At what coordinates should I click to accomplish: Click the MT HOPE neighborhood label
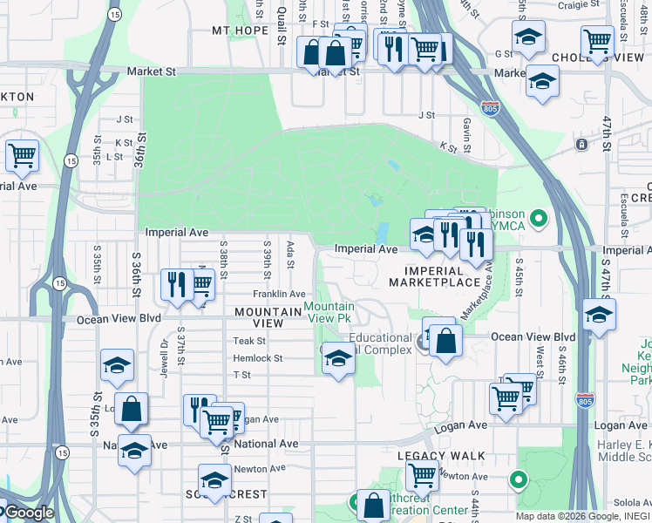pos(240,30)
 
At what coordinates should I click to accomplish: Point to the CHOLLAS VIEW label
pos(610,58)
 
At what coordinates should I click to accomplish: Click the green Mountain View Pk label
pos(329,311)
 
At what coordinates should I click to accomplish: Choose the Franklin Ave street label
pos(279,294)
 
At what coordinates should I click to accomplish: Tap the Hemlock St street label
pos(257,358)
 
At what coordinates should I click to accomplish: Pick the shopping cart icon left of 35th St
pos(22,156)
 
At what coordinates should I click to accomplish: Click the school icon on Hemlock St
pos(338,358)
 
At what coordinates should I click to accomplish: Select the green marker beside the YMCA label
pos(539,216)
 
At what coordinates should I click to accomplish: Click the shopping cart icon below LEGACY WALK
pos(422,476)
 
